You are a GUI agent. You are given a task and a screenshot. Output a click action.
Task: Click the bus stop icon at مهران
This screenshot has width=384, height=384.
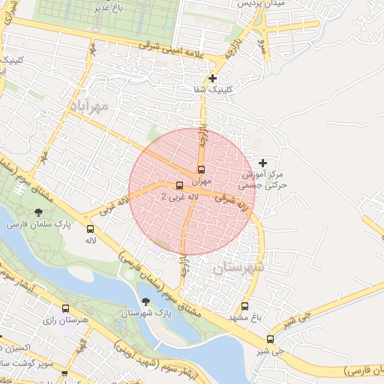click(201, 169)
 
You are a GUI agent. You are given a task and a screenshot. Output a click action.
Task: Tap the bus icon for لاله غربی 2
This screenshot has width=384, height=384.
click(178, 185)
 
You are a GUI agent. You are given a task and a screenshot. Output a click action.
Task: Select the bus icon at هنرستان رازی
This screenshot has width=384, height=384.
click(66, 309)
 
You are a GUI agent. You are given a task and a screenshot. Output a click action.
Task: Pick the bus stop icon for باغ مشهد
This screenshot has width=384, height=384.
click(244, 306)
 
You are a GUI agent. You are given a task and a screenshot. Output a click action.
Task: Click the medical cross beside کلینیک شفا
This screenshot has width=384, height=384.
click(213, 78)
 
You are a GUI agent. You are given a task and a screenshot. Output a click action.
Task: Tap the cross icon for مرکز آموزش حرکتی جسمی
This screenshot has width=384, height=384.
click(262, 163)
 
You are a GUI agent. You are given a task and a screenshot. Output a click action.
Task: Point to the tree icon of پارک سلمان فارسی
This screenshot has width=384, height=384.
click(38, 212)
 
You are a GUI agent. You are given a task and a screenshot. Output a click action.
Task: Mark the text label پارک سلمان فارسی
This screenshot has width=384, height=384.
click(38, 224)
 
